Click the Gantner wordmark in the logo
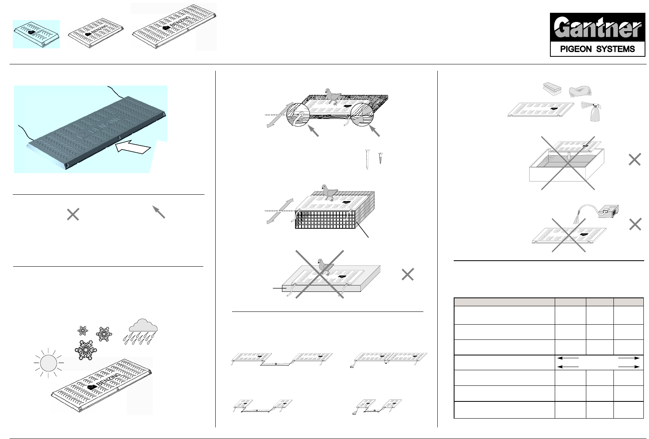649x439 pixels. (598, 29)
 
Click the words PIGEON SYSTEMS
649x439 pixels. (598, 49)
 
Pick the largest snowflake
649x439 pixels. (85, 349)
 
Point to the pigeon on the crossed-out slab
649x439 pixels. (326, 267)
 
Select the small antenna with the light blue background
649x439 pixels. (36, 34)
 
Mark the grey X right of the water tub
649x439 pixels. (635, 160)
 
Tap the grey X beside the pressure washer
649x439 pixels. (635, 225)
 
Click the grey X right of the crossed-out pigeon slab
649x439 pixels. (407, 275)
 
